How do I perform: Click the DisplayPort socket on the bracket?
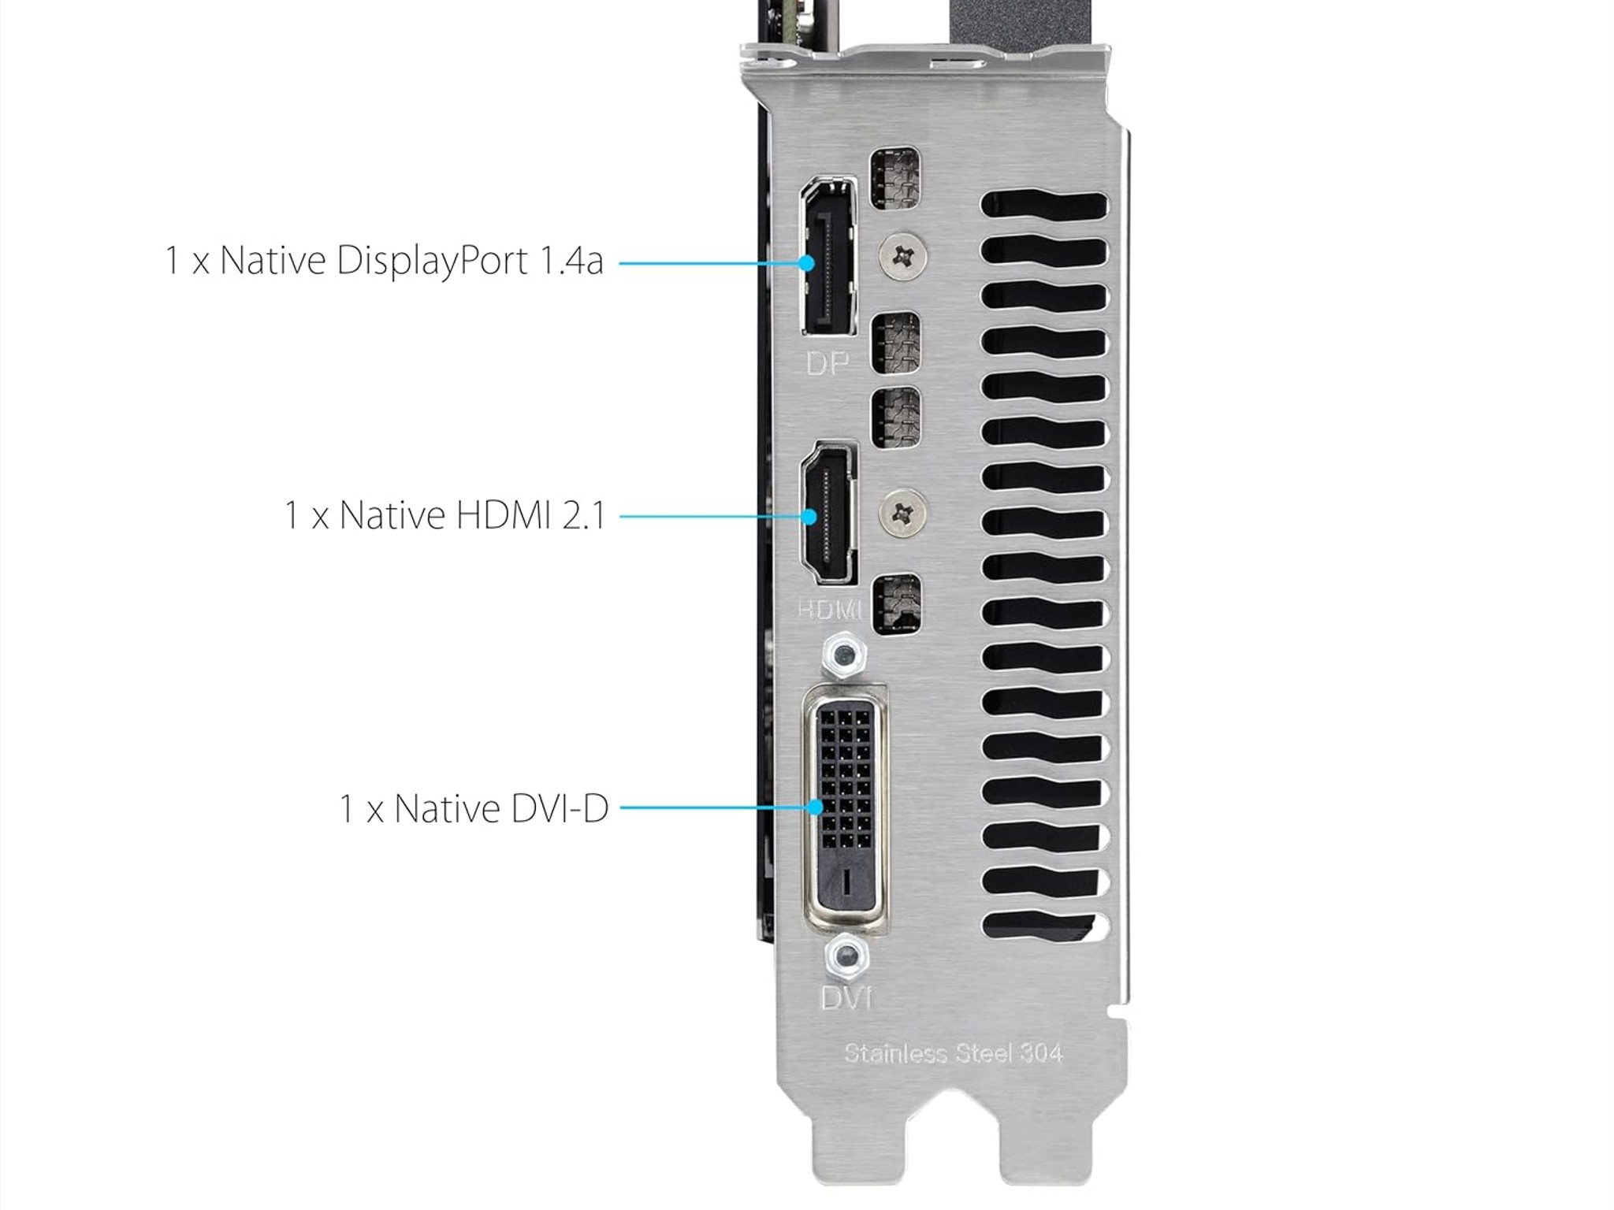829,260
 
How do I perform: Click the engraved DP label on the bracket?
827,363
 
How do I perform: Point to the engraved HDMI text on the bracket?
828,609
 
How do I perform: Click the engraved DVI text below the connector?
846,998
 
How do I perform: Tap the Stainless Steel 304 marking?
954,1053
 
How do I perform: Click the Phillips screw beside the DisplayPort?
902,254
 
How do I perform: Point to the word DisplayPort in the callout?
432,260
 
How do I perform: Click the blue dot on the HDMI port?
809,517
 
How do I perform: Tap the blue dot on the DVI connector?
816,807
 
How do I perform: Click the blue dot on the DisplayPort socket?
806,262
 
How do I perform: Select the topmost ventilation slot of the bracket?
1043,206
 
